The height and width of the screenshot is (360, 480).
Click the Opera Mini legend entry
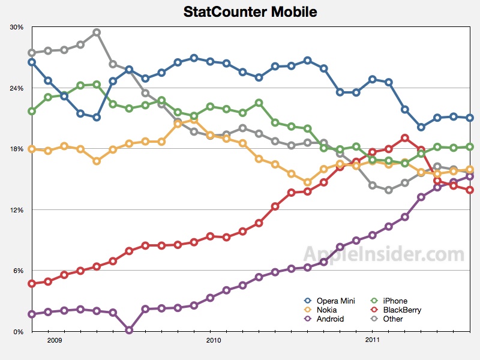click(x=328, y=301)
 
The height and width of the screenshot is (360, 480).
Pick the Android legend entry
click(x=325, y=319)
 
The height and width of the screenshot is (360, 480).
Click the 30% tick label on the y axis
click(x=17, y=28)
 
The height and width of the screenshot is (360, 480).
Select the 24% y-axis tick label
click(x=17, y=88)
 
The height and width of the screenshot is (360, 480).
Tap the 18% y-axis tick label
click(x=17, y=149)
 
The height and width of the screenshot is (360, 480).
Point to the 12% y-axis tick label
click(x=17, y=210)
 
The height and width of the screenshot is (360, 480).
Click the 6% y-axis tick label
click(x=19, y=271)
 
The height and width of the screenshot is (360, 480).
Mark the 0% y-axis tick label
click(x=19, y=332)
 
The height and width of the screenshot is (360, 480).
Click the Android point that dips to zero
click(x=129, y=330)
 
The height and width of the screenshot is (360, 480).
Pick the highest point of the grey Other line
click(x=97, y=32)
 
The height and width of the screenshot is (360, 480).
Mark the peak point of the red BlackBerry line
click(x=405, y=138)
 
